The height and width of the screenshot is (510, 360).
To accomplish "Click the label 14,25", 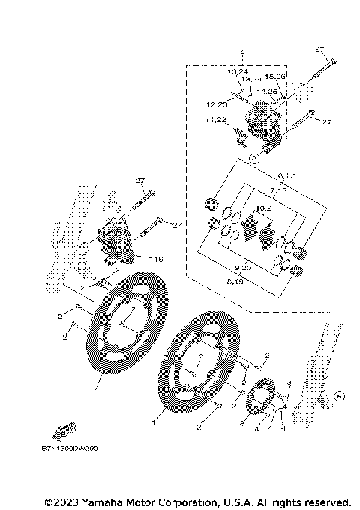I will point(267,91).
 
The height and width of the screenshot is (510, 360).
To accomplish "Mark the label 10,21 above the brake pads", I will point(265,208).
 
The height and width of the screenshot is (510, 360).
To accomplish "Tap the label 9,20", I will point(242,267).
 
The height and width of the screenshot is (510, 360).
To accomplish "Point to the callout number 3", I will point(242,422).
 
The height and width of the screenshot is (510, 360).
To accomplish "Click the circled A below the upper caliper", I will point(254,159).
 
